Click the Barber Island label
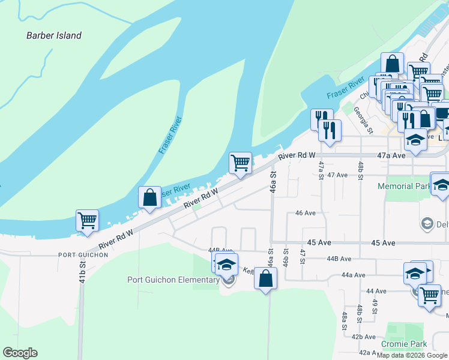(x=53, y=35)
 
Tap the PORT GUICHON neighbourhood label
(x=83, y=255)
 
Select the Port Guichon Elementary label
(x=173, y=280)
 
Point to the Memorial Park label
(x=403, y=186)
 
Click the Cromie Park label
(x=406, y=344)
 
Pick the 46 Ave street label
(x=306, y=213)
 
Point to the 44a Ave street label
(x=353, y=275)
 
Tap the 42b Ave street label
(x=364, y=337)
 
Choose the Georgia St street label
(x=364, y=121)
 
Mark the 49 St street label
(x=375, y=307)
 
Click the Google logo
(x=20, y=353)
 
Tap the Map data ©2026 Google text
(x=412, y=355)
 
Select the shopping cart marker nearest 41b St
(x=87, y=220)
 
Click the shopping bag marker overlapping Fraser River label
(x=149, y=197)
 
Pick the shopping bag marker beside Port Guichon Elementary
(x=265, y=278)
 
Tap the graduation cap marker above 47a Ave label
(x=415, y=140)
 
